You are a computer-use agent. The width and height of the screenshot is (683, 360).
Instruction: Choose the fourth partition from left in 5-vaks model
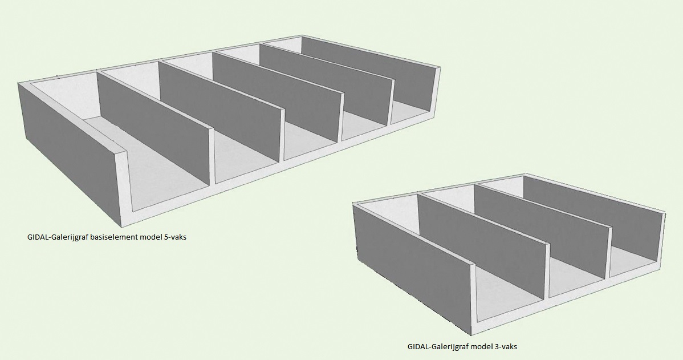click(x=327, y=84)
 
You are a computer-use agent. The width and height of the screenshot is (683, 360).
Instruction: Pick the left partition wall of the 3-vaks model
click(x=481, y=244)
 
